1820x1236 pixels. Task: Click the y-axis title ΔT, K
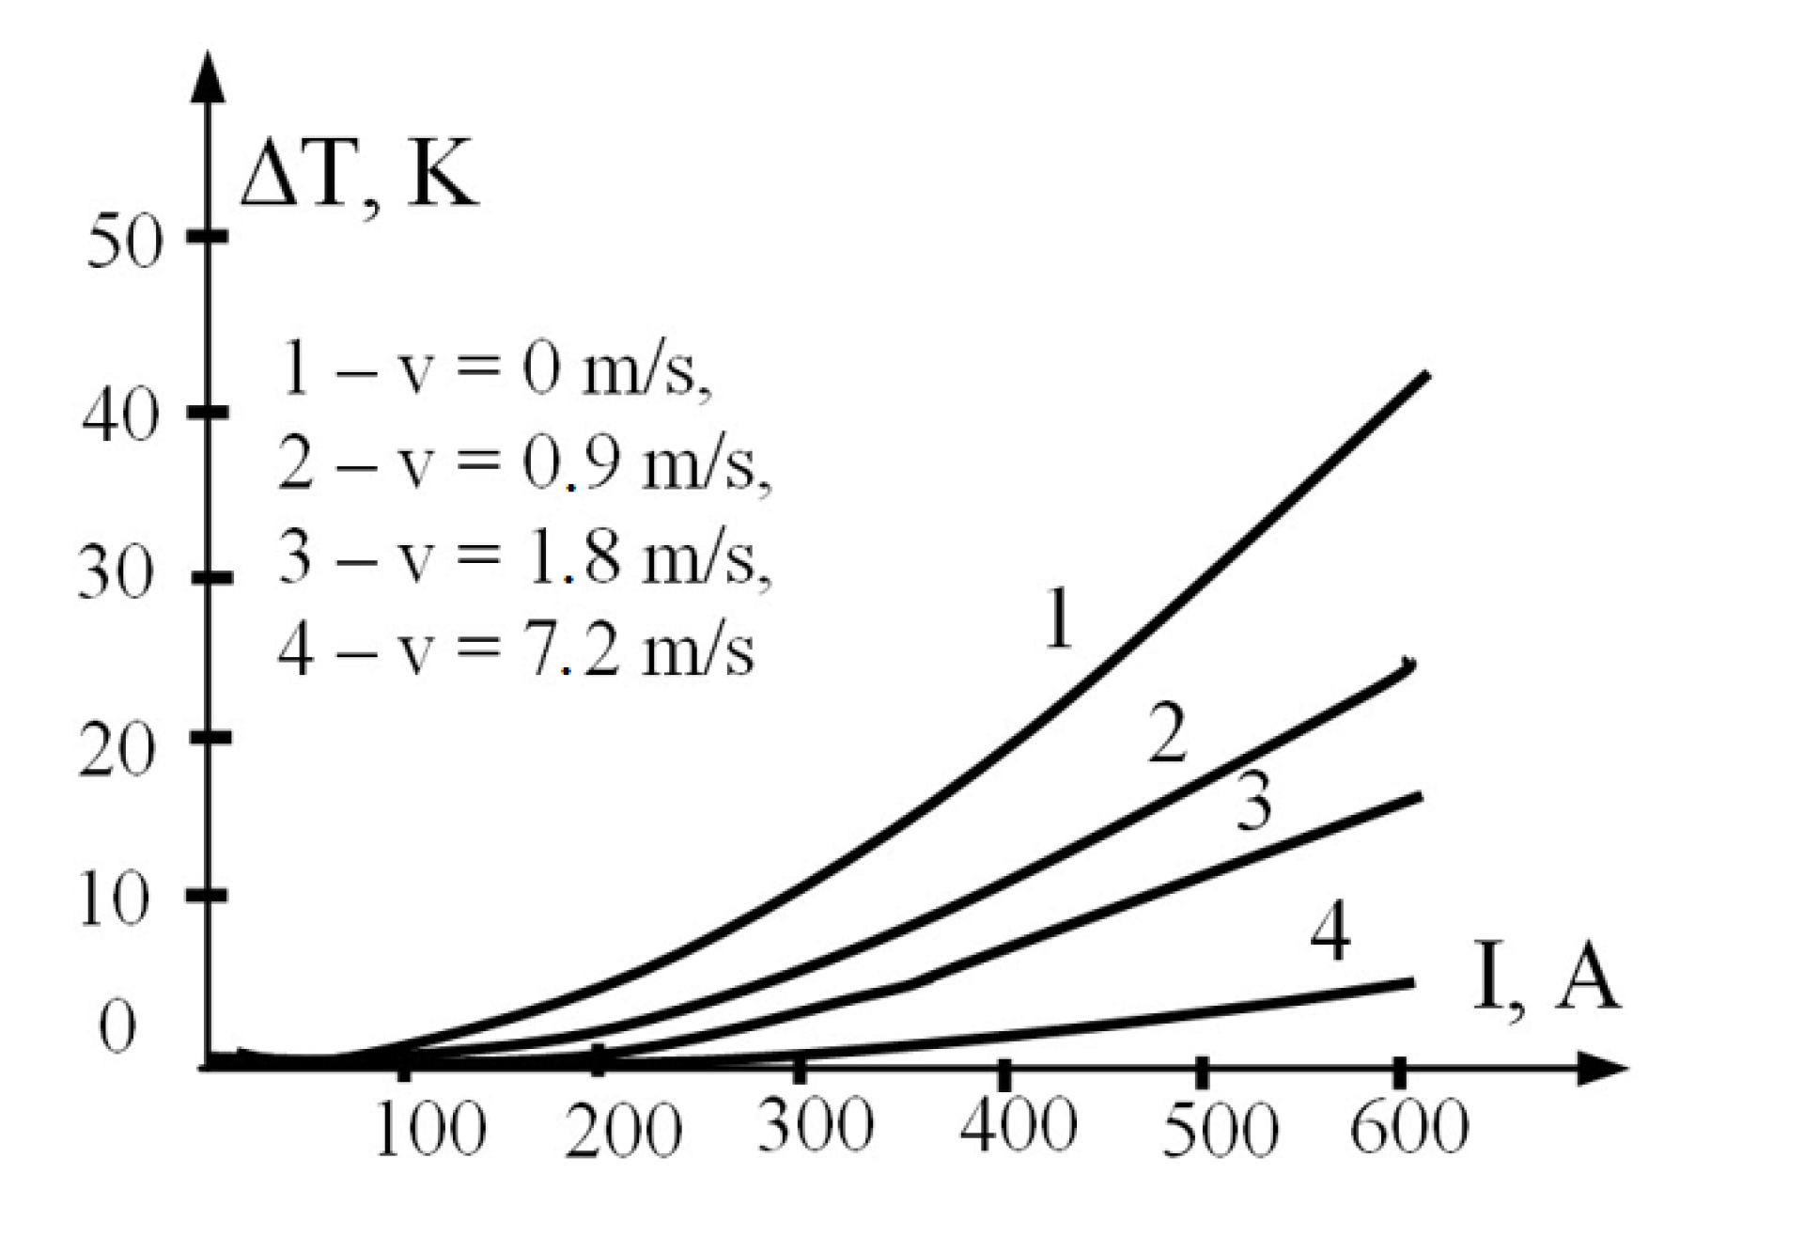point(359,179)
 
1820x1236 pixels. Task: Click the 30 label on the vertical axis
point(116,576)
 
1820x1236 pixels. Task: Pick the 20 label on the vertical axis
point(116,752)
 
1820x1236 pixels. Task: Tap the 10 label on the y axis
point(114,901)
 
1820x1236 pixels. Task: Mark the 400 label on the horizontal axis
point(1018,1126)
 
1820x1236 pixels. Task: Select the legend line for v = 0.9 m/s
point(524,464)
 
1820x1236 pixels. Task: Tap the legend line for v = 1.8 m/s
point(524,558)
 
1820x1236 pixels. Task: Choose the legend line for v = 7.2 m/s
point(516,650)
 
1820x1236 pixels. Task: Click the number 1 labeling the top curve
point(1059,619)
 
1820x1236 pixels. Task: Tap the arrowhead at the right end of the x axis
point(1603,1069)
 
